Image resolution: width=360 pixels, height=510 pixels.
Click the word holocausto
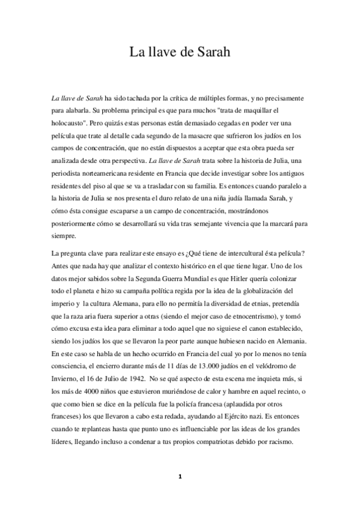click(70, 125)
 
